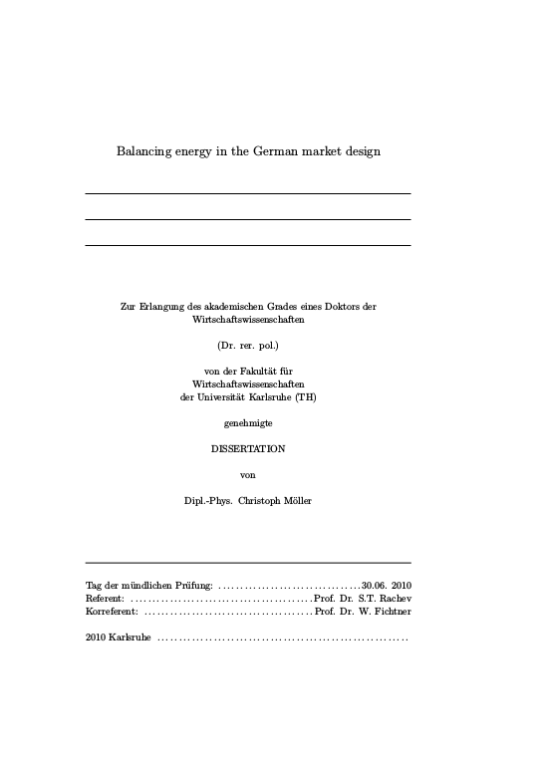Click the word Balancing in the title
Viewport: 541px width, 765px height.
(145, 152)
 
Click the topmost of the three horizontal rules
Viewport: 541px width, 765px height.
(248, 193)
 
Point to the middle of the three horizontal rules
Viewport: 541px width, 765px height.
(248, 219)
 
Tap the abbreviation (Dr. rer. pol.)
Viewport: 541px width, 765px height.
(248, 345)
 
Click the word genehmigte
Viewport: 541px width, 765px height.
(248, 423)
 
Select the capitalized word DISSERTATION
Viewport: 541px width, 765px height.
(248, 449)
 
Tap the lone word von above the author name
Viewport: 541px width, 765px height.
(248, 475)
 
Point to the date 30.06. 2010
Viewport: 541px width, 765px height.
(387, 585)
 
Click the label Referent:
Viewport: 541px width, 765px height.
(105, 598)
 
